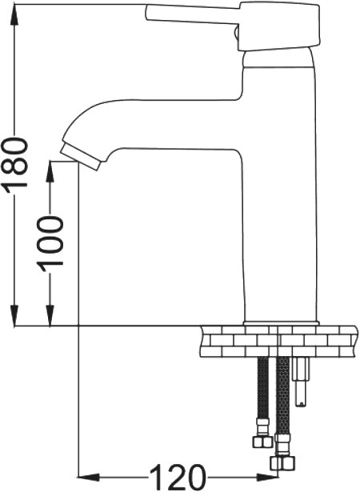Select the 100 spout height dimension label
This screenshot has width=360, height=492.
50,241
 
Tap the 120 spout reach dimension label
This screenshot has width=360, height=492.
178,478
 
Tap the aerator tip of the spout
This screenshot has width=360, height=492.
81,157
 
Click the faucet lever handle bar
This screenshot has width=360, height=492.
192,14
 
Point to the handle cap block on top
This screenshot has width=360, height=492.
279,26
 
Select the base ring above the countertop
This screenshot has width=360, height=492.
282,323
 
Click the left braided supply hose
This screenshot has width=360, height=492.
262,387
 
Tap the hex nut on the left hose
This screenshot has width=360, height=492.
262,442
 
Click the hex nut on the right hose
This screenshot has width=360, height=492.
282,462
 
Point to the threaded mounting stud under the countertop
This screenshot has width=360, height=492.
301,382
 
